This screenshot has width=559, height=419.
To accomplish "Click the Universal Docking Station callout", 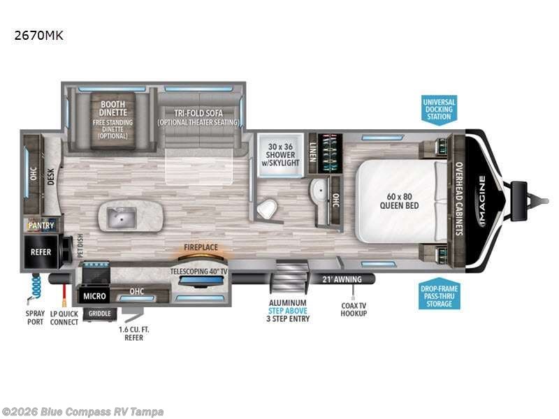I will pyautogui.click(x=439, y=109).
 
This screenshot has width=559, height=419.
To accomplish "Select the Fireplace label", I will pyautogui.click(x=201, y=247).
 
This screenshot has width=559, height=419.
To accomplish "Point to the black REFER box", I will pyautogui.click(x=41, y=252).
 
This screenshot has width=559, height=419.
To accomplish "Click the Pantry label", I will pyautogui.click(x=41, y=226).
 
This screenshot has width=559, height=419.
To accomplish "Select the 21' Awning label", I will pyautogui.click(x=342, y=279).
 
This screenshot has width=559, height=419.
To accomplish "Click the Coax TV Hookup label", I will pyautogui.click(x=354, y=309).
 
